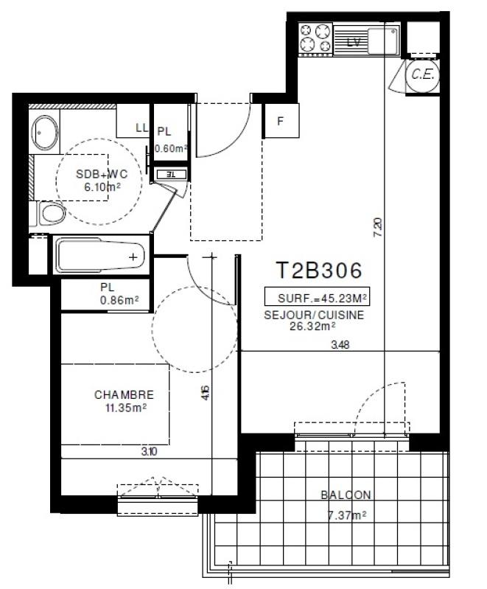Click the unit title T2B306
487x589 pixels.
[319, 271]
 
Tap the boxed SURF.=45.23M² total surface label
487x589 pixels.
[317, 298]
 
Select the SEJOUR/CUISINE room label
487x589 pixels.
[314, 314]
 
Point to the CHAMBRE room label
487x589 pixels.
[124, 395]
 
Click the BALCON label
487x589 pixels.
[346, 495]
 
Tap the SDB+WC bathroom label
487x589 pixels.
[101, 175]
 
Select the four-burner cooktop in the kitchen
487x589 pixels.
[315, 39]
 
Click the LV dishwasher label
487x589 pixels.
[354, 43]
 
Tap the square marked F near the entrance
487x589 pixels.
[280, 122]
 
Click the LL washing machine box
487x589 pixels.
[140, 128]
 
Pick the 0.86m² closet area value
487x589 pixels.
[120, 301]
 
